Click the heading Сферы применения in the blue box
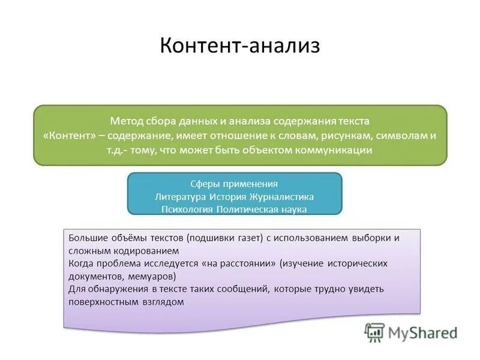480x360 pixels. (234, 184)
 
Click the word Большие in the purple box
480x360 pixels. (87, 238)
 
